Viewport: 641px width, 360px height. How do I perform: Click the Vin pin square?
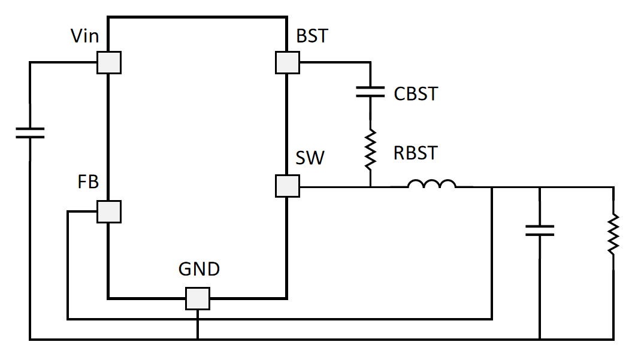pos(109,62)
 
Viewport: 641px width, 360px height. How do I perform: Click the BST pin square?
pos(288,62)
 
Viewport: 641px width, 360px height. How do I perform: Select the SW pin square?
pos(288,186)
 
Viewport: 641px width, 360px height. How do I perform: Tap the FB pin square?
pos(109,211)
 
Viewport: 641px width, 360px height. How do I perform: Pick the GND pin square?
pos(197,298)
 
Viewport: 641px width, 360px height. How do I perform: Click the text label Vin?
pos(85,37)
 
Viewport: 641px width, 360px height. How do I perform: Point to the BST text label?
pos(312,36)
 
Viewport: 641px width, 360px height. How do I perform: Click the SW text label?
pos(310,158)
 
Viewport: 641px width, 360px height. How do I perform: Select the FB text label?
pos(88,182)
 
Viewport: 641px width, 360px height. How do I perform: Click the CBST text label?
pos(416,94)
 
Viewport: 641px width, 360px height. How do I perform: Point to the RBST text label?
pos(416,153)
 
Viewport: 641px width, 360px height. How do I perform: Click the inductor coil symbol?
pos(431,184)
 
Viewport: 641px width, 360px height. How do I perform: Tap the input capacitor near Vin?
pos(30,132)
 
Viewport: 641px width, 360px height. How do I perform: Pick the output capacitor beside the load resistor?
pos(540,230)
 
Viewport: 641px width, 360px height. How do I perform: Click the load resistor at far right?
pos(613,234)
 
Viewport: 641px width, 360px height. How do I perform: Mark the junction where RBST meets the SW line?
pos(370,187)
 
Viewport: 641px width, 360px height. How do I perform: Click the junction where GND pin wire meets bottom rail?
pos(197,340)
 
